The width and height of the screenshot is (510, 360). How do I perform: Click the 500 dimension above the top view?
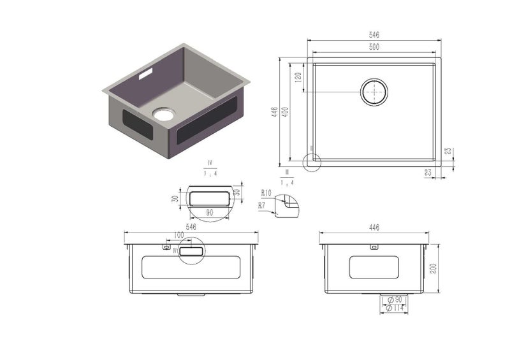(x=374, y=48)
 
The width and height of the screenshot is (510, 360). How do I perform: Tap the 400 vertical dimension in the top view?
(x=286, y=112)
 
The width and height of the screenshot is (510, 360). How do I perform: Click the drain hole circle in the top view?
(x=375, y=92)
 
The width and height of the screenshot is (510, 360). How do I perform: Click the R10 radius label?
(x=266, y=192)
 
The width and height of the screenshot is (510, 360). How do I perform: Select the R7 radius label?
(x=262, y=205)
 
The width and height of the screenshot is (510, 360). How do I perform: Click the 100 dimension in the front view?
(x=178, y=235)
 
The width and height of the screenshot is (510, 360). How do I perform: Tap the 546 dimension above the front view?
(x=190, y=226)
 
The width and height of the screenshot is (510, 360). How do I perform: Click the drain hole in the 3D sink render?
(x=163, y=115)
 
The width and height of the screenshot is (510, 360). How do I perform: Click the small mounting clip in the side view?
(x=374, y=246)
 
